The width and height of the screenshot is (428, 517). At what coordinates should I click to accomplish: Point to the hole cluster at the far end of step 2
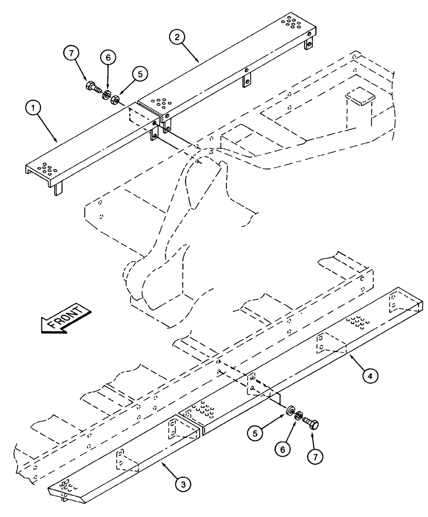click(290, 22)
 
